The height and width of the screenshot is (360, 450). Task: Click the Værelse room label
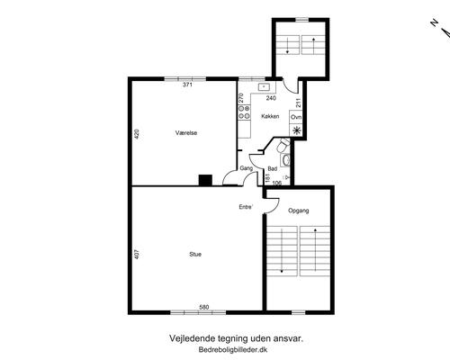[x=186, y=132]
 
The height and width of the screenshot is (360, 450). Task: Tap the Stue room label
[x=195, y=255]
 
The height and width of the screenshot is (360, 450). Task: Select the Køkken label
[x=270, y=116]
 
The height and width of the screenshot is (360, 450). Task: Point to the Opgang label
[x=299, y=211]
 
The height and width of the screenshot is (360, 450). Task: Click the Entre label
[x=246, y=207]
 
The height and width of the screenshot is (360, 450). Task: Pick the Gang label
[x=247, y=168]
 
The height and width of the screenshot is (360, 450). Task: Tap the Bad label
[x=273, y=169]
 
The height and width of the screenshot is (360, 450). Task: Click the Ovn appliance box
[x=296, y=117]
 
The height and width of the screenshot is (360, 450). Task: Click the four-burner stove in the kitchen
[x=244, y=112]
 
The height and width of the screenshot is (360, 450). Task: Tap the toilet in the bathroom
[x=283, y=146]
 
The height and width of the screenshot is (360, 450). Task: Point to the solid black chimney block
[x=205, y=180]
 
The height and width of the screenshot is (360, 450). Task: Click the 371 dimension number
[x=187, y=85]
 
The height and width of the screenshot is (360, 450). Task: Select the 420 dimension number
[x=137, y=133]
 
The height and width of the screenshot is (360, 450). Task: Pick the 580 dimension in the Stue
[x=204, y=307]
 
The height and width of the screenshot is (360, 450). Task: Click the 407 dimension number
[x=137, y=255]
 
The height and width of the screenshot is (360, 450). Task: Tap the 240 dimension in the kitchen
[x=271, y=98]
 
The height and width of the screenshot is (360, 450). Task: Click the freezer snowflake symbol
[x=296, y=130]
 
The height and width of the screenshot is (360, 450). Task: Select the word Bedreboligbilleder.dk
[x=233, y=350]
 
